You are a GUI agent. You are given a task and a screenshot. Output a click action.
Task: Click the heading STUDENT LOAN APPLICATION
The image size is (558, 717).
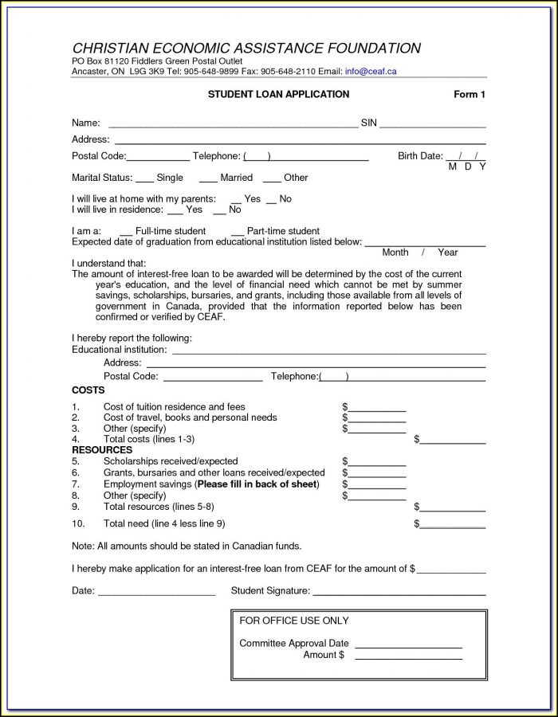pyautogui.click(x=278, y=95)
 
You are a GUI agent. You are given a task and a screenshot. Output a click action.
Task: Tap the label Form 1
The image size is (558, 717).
pyautogui.click(x=470, y=95)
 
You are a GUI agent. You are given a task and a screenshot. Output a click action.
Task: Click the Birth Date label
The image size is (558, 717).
pyautogui.click(x=420, y=156)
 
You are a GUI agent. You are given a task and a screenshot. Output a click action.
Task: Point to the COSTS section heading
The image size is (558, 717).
pyautogui.click(x=88, y=390)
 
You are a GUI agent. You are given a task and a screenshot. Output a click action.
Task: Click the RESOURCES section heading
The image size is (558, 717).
pyautogui.click(x=102, y=450)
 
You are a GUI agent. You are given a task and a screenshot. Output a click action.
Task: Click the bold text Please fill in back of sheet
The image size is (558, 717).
pyautogui.click(x=257, y=484)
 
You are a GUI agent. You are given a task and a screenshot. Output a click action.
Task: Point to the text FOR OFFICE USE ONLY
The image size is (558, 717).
pyautogui.click(x=294, y=621)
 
